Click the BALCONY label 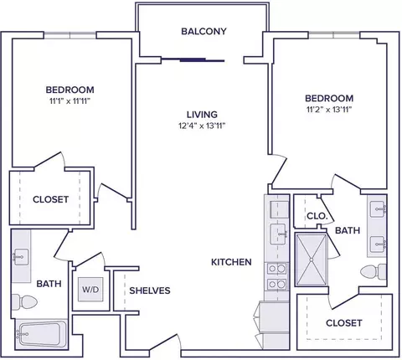(204, 31)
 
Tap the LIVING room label (202, 115)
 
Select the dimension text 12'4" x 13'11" (202, 126)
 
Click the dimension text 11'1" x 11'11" (70, 101)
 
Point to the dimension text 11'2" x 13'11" (329, 110)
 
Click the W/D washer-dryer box (90, 290)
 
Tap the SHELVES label (150, 291)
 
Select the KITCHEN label (231, 262)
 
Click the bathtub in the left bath (41, 334)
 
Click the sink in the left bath (20, 256)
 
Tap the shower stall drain (312, 260)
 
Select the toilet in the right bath (374, 271)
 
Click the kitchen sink (278, 234)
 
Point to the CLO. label (317, 216)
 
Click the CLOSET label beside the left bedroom (50, 199)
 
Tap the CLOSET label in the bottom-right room (344, 323)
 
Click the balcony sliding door (193, 60)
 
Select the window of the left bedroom (70, 35)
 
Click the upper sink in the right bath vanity (378, 208)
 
